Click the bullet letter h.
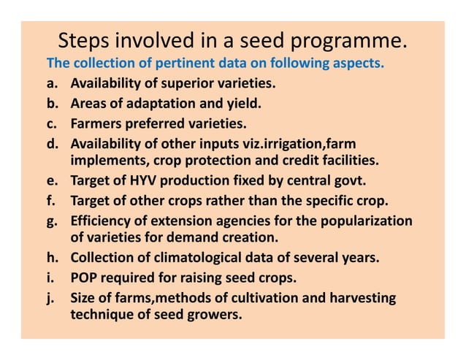tap(52, 258)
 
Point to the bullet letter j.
tap(51, 298)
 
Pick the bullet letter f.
tap(52, 200)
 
